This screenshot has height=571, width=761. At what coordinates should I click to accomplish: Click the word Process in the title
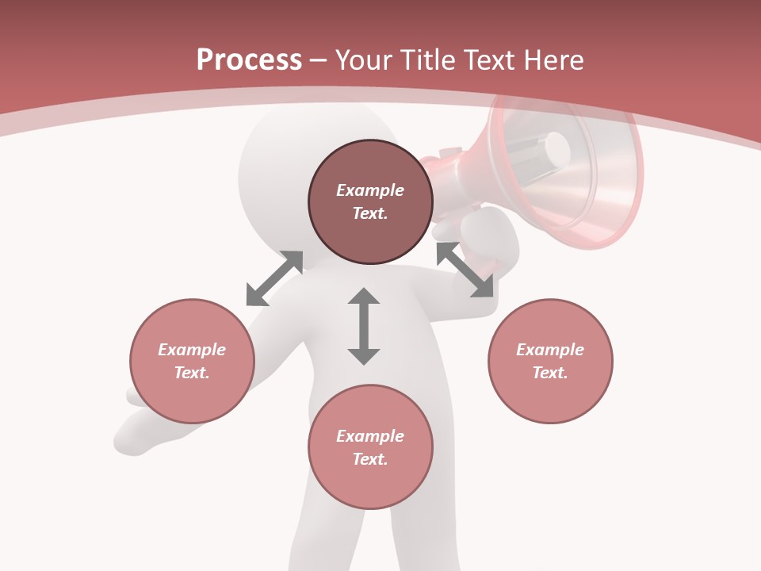click(249, 59)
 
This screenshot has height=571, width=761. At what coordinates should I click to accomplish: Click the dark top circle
click(370, 230)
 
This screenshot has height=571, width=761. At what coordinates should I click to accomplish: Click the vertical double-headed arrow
click(364, 326)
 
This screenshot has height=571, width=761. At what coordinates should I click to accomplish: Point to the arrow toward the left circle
click(274, 278)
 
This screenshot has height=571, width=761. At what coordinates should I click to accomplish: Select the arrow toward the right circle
click(465, 270)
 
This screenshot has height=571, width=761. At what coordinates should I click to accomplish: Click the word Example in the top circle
click(370, 190)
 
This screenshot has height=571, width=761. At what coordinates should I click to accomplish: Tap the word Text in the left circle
click(192, 373)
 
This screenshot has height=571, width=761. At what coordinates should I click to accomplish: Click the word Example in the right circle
click(550, 350)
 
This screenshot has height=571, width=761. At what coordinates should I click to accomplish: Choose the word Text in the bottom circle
click(370, 459)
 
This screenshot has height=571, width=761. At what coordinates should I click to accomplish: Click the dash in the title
click(319, 59)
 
